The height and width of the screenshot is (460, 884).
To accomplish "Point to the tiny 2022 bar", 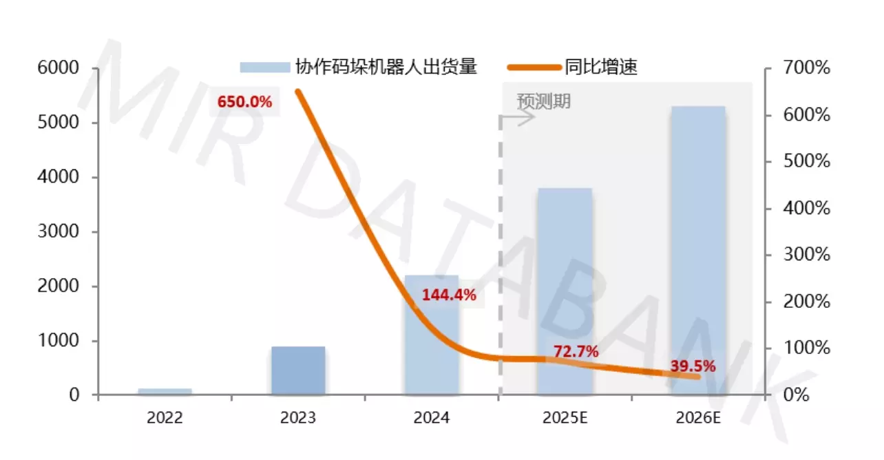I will pos(165,392).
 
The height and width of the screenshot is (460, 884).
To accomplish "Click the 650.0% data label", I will pos(244,102).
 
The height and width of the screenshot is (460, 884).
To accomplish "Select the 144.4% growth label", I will pos(449,295).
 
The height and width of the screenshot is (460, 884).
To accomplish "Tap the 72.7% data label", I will pos(576,352).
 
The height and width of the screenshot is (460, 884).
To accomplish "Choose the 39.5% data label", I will pos(693,366).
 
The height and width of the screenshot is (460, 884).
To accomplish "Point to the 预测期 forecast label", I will pos(544,101).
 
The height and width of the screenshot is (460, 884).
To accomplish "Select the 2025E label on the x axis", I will pos(565,418).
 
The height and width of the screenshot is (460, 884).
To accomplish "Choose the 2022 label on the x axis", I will pos(165,418).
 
